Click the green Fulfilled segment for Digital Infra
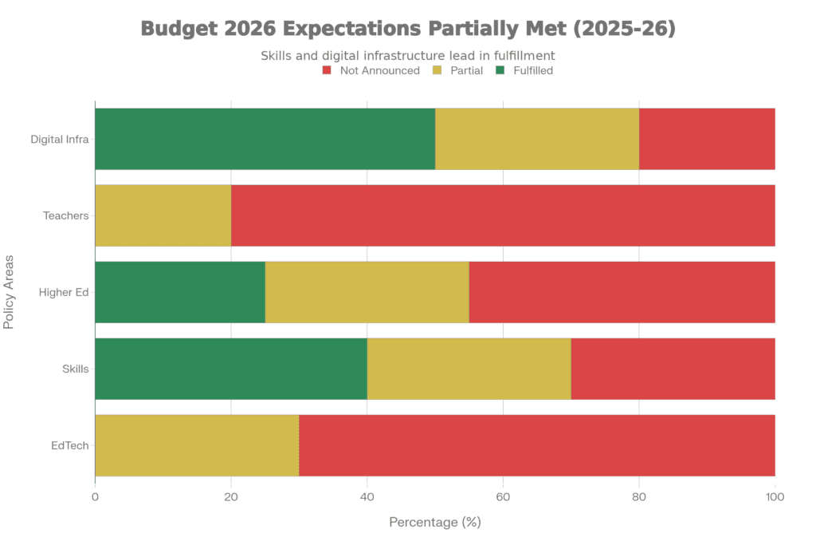tap(265, 139)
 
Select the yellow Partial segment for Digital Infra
tap(537, 139)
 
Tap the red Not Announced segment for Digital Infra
tap(707, 139)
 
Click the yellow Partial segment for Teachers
tap(163, 215)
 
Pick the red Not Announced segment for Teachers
tap(503, 215)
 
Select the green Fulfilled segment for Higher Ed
tap(180, 292)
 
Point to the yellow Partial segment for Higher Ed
tap(367, 292)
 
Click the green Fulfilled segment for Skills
tap(231, 369)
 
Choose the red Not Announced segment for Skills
tap(673, 369)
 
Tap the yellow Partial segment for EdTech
tap(197, 445)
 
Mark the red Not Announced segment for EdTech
tap(537, 445)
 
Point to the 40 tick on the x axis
tap(367, 497)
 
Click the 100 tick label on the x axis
tap(775, 497)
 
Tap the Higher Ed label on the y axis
tap(65, 292)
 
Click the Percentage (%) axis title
tap(435, 523)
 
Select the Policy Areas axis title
tap(10, 292)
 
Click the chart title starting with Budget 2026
tap(408, 29)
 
